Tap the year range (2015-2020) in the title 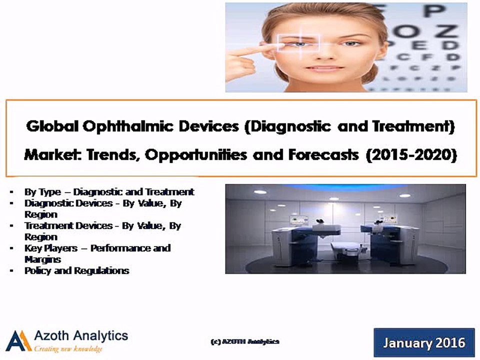pyautogui.click(x=411, y=155)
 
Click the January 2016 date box pyautogui.click(x=424, y=343)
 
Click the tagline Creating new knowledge pyautogui.click(x=68, y=348)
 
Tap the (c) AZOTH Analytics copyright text pyautogui.click(x=244, y=341)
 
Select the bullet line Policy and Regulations pyautogui.click(x=76, y=270)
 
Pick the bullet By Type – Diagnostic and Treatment pyautogui.click(x=109, y=191)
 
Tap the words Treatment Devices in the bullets pyautogui.click(x=68, y=225)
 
